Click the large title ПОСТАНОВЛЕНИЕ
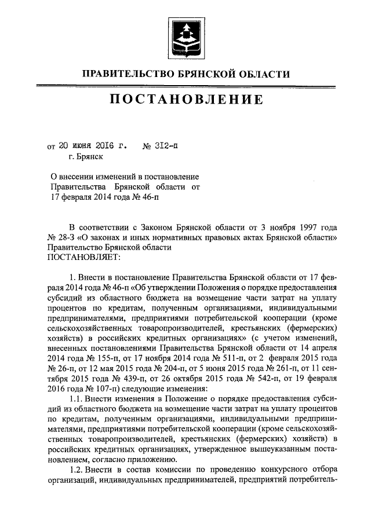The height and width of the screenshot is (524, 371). pos(185,100)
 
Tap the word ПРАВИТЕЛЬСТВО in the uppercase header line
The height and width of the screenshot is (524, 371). pos(125,74)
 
